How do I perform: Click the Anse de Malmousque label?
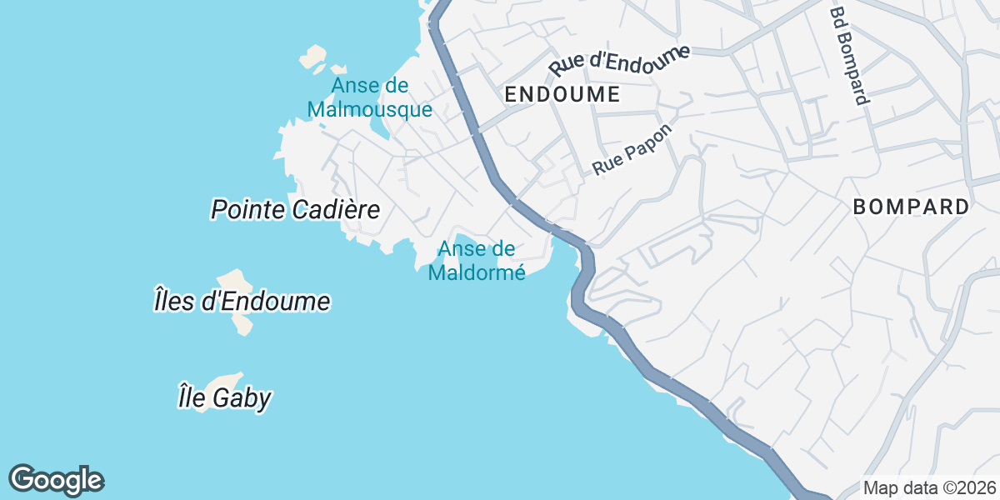coord(369,97)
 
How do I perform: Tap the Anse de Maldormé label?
coord(477,260)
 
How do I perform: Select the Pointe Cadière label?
coord(296,209)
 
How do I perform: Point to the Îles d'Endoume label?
coord(242,301)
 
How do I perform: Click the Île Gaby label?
coord(224,398)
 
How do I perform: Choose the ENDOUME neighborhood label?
coord(562,95)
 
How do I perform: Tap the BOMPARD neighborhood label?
coord(912,207)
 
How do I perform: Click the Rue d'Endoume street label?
coord(620,61)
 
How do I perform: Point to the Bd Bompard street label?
coord(850,57)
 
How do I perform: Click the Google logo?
coord(56,480)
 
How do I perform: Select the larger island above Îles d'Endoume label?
coord(234,281)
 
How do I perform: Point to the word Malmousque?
coord(369,109)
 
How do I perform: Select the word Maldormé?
coord(477,272)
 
